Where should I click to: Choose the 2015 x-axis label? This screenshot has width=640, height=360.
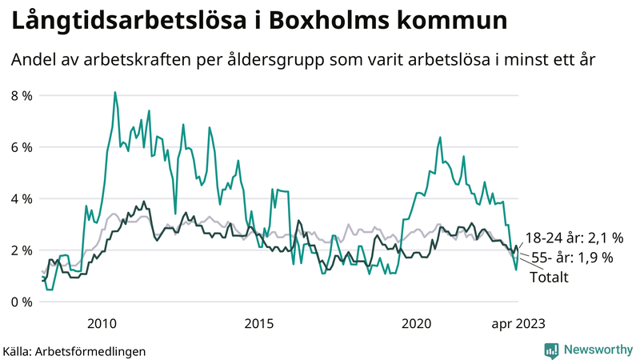[x=259, y=323]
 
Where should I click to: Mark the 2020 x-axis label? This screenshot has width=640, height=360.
[x=416, y=323]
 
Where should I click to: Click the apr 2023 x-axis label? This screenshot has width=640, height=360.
[x=518, y=323]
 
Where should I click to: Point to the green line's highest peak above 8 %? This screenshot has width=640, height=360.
[x=114, y=92]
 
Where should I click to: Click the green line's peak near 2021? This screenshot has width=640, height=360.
[x=440, y=138]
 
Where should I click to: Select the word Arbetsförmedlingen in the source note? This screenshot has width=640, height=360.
[x=91, y=350]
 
